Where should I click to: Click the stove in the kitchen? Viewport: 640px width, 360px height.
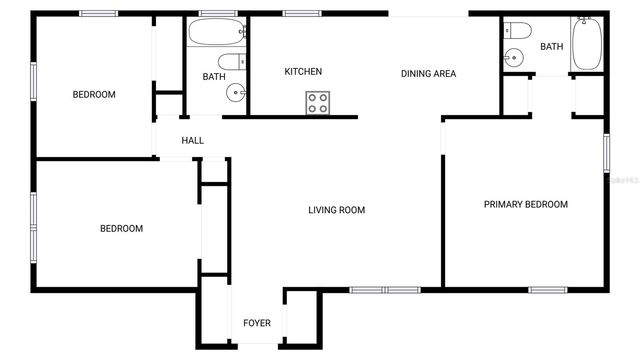point(318,102)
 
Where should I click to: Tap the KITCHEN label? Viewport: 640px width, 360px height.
point(303,72)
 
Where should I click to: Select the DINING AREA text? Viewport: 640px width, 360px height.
point(429,73)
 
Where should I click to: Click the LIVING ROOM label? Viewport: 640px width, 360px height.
point(336,210)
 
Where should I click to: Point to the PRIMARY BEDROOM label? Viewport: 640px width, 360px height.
point(525,204)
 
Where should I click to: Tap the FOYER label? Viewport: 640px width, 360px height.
point(257,323)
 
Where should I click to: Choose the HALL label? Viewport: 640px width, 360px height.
point(193,141)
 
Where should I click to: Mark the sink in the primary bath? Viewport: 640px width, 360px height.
point(516,58)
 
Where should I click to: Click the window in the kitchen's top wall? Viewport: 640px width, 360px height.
point(300,13)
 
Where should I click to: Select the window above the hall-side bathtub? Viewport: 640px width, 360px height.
point(217,13)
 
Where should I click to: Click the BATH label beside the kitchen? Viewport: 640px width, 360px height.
point(214,77)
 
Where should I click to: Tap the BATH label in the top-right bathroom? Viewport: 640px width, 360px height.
point(552,46)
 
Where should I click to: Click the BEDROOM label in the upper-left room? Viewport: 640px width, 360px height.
point(94,95)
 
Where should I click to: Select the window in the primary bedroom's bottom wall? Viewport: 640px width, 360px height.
point(548,290)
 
